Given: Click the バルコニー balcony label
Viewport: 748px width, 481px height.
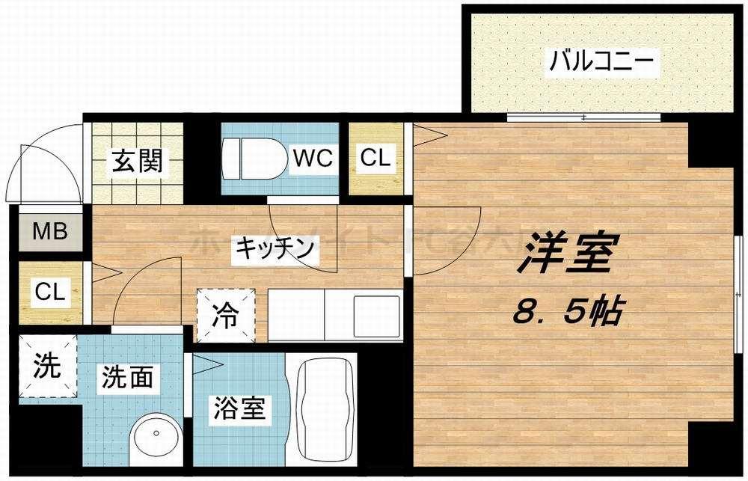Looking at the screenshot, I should pos(603,61).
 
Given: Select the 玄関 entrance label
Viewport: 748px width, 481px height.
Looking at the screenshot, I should pos(138,161).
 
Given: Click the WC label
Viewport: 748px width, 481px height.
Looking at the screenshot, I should pos(313,158).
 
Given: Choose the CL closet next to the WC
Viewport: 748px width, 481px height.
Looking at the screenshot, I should pos(375,159).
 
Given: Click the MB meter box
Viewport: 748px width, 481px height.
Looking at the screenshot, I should pos(50,231).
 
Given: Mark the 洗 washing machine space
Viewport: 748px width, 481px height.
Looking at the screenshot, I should pos(47,367).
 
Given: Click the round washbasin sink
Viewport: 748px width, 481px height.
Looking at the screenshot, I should pos(156,435).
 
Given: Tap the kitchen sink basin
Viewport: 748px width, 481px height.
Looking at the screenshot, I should pos(377,313).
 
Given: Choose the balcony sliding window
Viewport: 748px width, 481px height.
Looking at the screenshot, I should pos(584,117).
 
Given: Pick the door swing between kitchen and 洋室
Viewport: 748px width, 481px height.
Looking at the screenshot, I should pos(445,239).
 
